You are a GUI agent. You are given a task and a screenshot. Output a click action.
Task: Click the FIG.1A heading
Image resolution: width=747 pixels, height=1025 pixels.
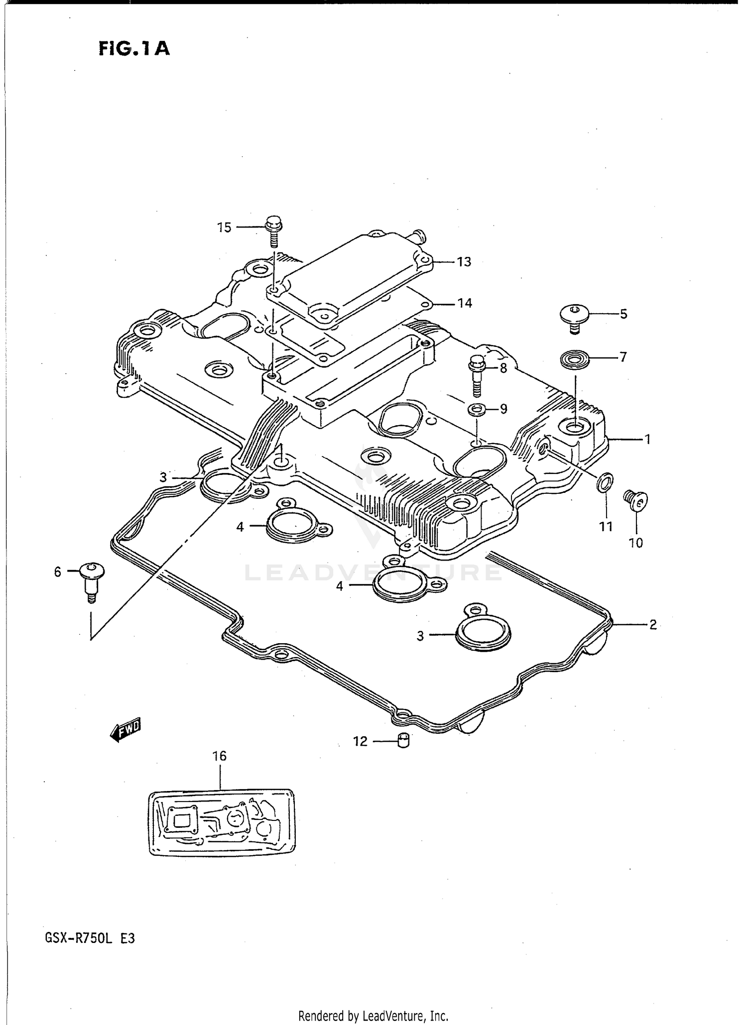(x=134, y=49)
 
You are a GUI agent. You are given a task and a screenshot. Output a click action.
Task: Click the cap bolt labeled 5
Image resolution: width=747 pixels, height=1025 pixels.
(x=574, y=317)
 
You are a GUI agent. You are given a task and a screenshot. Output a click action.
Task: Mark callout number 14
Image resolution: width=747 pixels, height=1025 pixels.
(x=464, y=303)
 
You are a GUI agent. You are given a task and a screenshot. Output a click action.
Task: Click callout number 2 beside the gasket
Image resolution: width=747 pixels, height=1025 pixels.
(x=652, y=624)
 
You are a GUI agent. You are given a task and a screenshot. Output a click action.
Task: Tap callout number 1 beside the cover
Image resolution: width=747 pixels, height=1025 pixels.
(x=647, y=440)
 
